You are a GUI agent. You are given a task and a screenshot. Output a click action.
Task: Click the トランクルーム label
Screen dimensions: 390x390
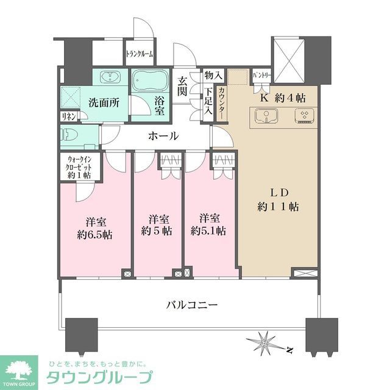(140, 54)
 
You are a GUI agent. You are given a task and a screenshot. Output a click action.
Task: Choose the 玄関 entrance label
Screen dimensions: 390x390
(182, 87)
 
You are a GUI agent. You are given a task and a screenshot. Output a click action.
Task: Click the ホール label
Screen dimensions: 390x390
(163, 136)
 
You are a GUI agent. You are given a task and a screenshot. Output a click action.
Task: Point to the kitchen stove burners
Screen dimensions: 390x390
(303, 115)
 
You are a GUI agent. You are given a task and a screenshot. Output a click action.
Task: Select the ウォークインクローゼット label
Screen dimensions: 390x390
(79, 168)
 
